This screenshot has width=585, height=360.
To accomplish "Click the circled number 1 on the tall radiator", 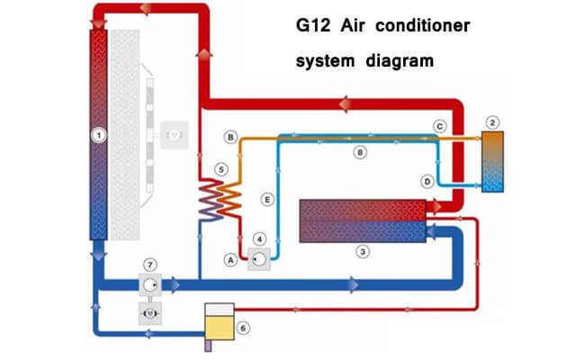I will (x=99, y=135).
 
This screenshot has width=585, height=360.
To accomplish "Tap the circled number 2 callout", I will (x=492, y=121).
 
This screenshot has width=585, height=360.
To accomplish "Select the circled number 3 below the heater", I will (x=363, y=252).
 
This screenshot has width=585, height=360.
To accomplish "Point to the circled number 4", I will (x=259, y=238).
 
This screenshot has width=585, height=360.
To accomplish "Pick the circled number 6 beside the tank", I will (x=242, y=328).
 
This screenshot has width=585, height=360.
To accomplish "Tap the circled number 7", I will (x=150, y=264).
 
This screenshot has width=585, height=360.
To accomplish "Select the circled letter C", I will (x=439, y=126).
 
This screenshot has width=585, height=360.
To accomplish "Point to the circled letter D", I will (x=427, y=182).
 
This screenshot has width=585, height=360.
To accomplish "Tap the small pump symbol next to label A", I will (x=259, y=259).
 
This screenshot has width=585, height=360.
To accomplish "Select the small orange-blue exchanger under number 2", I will (x=492, y=162).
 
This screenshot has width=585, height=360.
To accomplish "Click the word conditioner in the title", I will (x=424, y=27).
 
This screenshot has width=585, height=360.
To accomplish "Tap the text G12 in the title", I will (x=313, y=27).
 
